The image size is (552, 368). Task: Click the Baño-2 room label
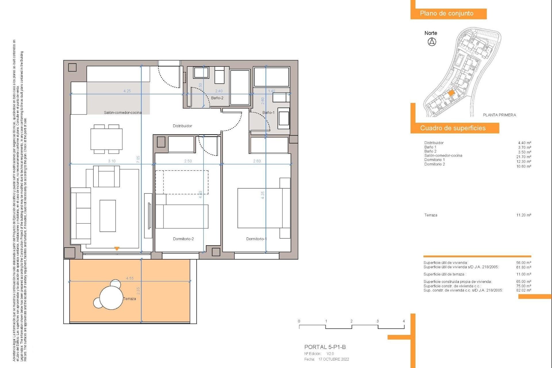pos(217,98)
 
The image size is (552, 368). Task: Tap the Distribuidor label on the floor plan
pos(182,126)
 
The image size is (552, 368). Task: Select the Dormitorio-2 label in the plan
pos(183,239)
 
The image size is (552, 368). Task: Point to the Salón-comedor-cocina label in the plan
pos(123,112)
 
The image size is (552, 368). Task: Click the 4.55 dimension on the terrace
pos(130,278)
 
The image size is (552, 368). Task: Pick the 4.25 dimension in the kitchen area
pos(127,91)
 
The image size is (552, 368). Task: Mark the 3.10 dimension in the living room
pos(112,161)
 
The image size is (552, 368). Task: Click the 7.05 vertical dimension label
pos(138,160)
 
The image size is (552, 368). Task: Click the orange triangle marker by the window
pos(117,249)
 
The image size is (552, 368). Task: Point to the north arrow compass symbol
pos(432,42)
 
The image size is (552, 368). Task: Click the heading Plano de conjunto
pos(446,14)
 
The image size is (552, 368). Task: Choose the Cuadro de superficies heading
pos(453,128)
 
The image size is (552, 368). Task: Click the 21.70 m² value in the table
pos(524,157)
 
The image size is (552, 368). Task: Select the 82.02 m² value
pos(524,290)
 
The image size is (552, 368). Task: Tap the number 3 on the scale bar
pos(377,321)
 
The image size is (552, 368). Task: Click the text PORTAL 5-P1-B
pos(325,347)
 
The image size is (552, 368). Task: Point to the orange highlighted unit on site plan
pos(451,93)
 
